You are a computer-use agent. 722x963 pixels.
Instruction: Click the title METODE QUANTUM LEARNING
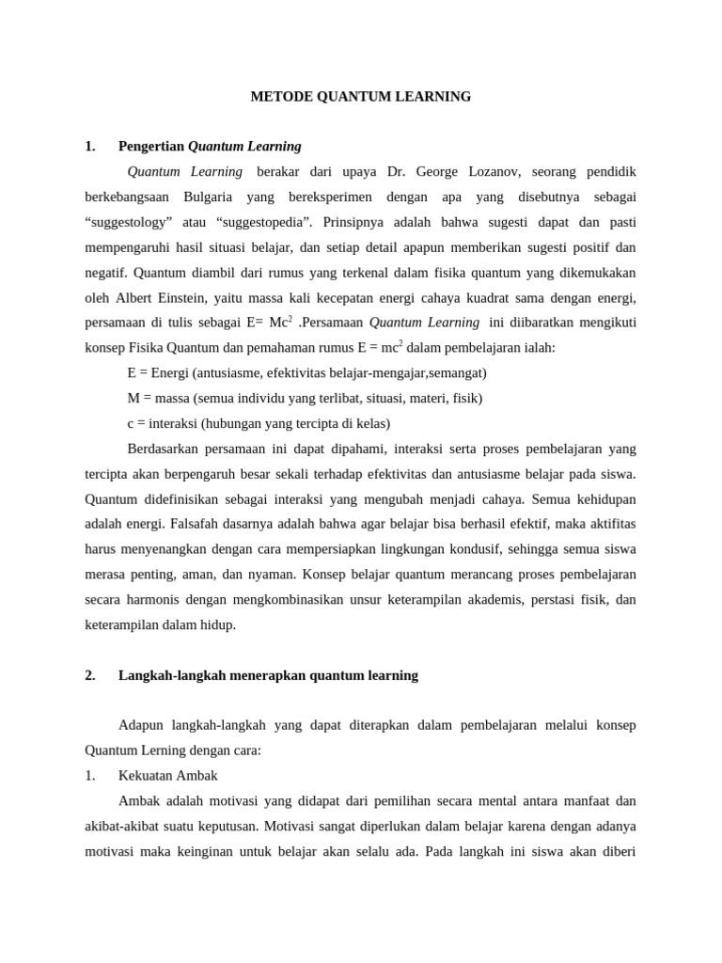[x=360, y=96]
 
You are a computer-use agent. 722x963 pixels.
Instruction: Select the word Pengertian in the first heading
[x=151, y=146]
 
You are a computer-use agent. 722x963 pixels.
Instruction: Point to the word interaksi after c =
[x=169, y=423]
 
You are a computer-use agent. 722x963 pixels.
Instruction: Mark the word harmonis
[x=149, y=600]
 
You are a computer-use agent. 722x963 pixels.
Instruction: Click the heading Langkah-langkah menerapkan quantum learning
[x=268, y=675]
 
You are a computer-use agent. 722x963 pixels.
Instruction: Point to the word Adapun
[x=141, y=725]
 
